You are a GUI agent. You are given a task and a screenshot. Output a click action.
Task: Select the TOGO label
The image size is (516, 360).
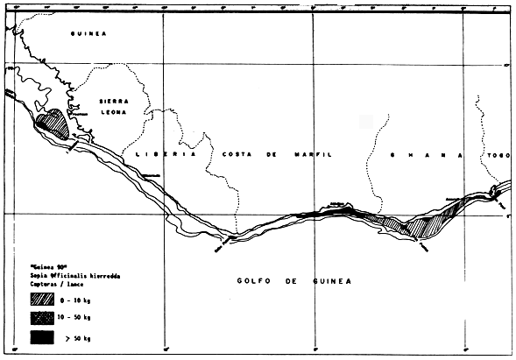click(x=499, y=154)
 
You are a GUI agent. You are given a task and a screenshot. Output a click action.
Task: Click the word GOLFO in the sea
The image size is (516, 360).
click(x=251, y=281)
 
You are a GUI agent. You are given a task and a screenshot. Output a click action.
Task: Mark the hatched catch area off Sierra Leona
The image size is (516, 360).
click(x=53, y=124)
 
